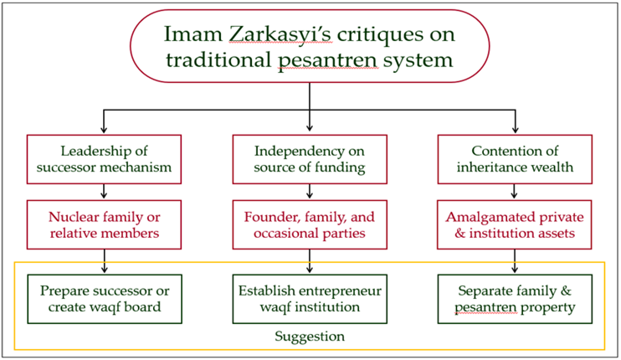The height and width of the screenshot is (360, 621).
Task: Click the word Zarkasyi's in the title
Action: pos(280,34)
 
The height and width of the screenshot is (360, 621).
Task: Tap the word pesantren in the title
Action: pos(327,60)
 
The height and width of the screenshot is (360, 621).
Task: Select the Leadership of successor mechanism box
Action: pos(104,159)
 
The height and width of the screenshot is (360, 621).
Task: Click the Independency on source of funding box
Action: pos(310,159)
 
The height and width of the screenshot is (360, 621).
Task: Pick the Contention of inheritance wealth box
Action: pos(515,159)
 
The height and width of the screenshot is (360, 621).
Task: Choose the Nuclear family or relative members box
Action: pos(104,224)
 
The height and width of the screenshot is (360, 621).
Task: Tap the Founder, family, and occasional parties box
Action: pos(310,224)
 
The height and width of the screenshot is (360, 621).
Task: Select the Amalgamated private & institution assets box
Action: pos(515,224)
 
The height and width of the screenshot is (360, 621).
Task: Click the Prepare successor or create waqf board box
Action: pos(105,299)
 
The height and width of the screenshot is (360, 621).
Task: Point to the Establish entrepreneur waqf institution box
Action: pos(310,299)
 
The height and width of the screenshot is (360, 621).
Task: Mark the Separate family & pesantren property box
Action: pos(515,299)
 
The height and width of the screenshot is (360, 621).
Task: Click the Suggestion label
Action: pos(310,337)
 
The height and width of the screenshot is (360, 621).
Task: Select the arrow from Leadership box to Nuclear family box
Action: pos(104,191)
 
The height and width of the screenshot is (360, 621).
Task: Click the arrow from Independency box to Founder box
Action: pos(310,191)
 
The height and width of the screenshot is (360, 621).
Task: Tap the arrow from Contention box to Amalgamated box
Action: pos(514,191)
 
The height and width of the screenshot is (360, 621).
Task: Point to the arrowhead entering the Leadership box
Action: pos(104,130)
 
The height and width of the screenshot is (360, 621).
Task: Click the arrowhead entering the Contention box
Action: pos(515,130)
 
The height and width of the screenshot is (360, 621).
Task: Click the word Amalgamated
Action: pos(487,218)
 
